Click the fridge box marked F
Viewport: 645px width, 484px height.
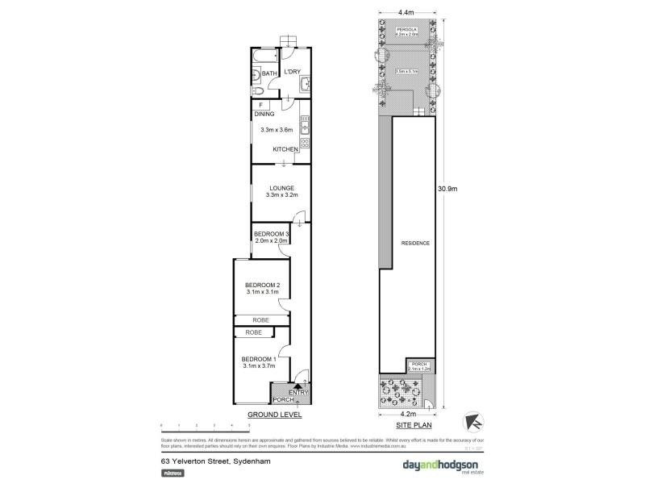[x=260, y=105]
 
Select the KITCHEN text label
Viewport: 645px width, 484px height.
[x=285, y=149]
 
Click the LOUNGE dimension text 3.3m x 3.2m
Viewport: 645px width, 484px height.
[x=282, y=195]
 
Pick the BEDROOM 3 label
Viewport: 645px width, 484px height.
[x=271, y=234]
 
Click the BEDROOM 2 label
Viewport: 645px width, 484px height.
[x=262, y=285]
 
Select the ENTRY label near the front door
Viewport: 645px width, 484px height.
[x=298, y=393]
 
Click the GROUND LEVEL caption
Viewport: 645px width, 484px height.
[x=275, y=415]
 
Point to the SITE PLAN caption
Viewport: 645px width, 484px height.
[x=407, y=424]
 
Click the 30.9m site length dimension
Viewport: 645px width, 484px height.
[x=447, y=190]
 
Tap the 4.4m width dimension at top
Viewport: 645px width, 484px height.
[x=406, y=12]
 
